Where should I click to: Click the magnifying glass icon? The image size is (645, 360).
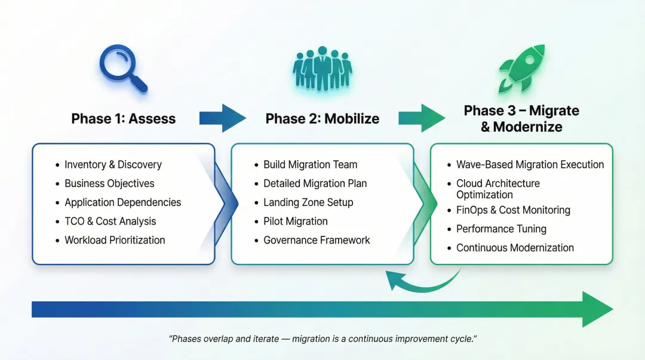point(121,69)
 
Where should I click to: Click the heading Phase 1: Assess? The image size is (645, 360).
point(124,118)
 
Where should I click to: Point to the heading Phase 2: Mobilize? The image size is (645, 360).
point(322,118)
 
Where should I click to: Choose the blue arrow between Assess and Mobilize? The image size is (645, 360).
point(222,118)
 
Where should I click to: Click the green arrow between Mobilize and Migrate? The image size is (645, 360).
point(422,118)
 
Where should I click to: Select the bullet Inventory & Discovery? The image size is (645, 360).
point(113,164)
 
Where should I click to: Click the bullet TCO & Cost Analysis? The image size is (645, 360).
point(110,221)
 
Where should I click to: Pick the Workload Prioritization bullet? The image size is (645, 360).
point(115,240)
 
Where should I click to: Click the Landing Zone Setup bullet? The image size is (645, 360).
point(308,202)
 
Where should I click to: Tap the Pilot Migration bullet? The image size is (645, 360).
point(296,221)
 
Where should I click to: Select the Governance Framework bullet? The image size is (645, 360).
point(317,240)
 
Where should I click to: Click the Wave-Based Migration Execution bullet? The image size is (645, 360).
point(530,164)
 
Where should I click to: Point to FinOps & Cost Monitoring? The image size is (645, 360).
point(513,210)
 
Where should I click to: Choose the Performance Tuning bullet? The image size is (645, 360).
point(501,229)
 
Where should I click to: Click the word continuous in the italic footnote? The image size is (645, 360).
point(371,339)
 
